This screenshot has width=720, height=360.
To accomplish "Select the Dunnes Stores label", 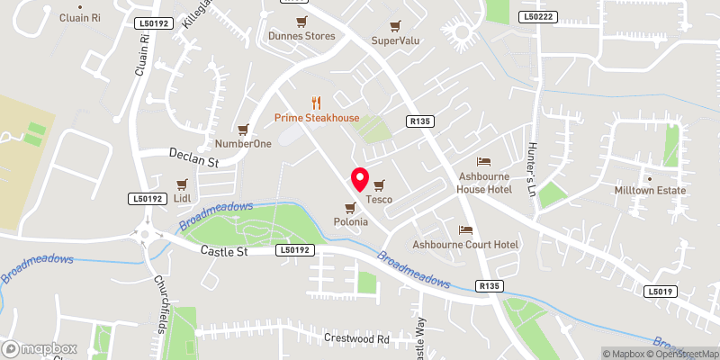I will click(x=301, y=36).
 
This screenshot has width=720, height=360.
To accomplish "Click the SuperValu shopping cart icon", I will click(x=393, y=26).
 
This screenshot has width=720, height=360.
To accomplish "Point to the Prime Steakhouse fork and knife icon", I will click(x=316, y=103).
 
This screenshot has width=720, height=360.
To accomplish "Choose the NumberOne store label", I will click(x=243, y=143).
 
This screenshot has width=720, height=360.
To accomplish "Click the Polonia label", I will click(x=351, y=221).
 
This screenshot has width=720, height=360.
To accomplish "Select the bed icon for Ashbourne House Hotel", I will click(x=484, y=161).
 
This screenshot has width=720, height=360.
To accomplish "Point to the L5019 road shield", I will click(x=661, y=291).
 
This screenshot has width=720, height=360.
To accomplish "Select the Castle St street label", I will click(x=224, y=249).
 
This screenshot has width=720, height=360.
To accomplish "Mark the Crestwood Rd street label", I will click(x=356, y=339).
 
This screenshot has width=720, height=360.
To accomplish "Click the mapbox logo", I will click(x=40, y=348).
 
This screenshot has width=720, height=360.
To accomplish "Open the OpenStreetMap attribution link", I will click(x=683, y=354).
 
